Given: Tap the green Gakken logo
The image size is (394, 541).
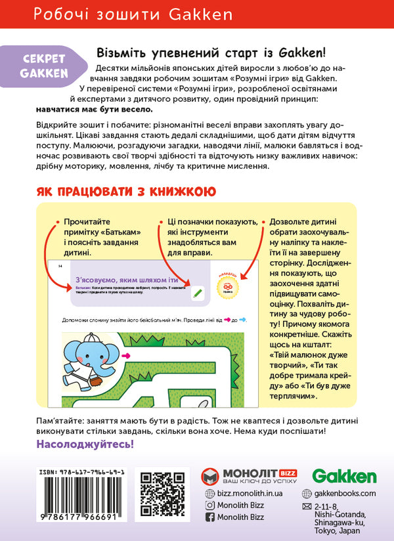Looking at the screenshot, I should coord(344,477).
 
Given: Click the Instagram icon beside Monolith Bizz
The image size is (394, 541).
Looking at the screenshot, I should coord(210,505).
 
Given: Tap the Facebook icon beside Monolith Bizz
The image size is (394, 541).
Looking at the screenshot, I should coord(210,517).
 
